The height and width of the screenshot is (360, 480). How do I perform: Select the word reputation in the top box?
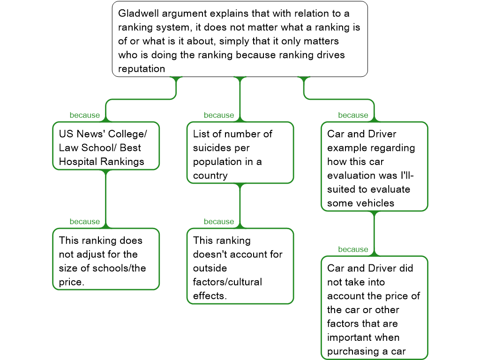click(x=142, y=69)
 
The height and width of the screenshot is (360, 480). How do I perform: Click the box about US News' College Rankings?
click(x=106, y=146)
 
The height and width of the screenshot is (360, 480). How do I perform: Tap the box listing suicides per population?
click(x=240, y=153)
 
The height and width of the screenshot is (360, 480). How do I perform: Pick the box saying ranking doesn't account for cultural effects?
click(x=240, y=266)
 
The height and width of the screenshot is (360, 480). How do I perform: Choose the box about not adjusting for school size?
click(x=106, y=259)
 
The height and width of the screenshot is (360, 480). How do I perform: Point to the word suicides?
click(x=213, y=148)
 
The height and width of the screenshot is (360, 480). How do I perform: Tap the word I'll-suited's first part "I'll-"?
click(x=404, y=176)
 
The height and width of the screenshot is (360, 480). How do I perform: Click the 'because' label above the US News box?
click(x=85, y=115)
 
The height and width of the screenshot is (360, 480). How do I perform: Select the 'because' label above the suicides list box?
click(x=219, y=115)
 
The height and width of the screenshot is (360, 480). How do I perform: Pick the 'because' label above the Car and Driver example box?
click(x=353, y=115)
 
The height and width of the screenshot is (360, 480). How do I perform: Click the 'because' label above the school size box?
click(x=85, y=222)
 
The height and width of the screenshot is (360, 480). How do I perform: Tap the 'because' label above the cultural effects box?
click(x=219, y=222)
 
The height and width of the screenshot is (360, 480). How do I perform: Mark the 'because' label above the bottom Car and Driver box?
click(x=353, y=249)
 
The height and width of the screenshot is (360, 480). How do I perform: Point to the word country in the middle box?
click(x=210, y=176)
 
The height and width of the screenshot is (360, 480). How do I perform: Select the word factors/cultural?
click(x=227, y=282)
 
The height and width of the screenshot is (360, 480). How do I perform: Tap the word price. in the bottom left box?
click(x=71, y=282)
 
